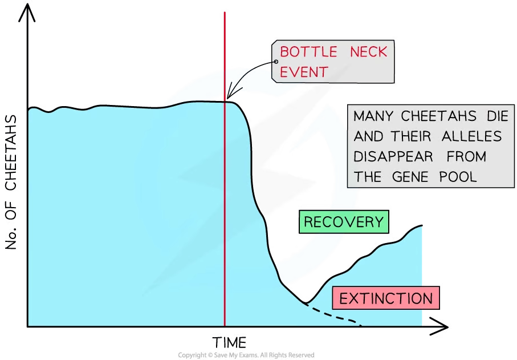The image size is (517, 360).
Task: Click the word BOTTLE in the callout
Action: (x=308, y=52)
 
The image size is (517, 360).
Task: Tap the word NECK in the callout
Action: (x=368, y=52)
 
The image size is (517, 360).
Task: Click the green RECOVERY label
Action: (x=344, y=222)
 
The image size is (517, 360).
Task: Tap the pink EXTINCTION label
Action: (x=386, y=298)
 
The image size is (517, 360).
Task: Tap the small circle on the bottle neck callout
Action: (x=276, y=62)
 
